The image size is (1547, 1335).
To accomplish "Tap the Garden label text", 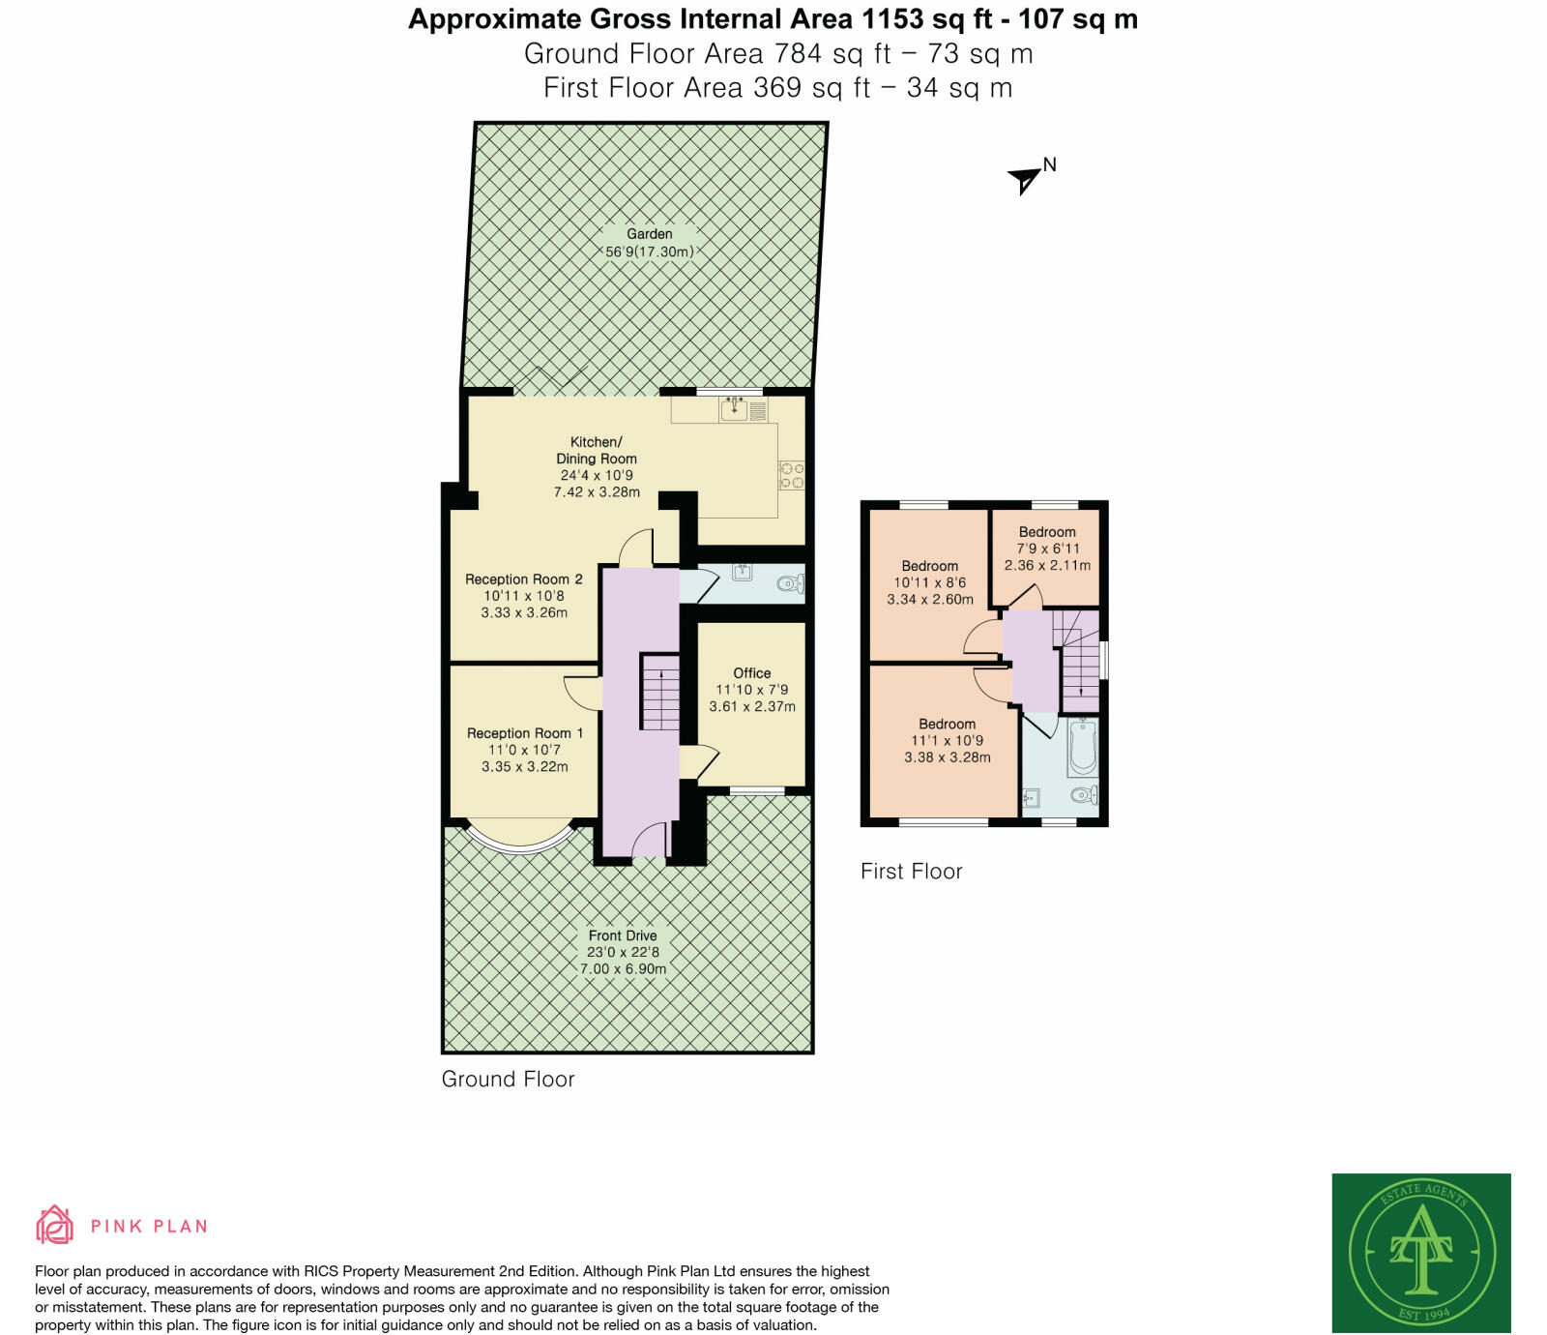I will [x=649, y=234].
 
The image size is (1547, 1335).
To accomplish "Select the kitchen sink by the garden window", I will [x=734, y=409].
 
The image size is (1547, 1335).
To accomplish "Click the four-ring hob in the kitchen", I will [x=791, y=475].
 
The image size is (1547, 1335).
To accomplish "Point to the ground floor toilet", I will [x=790, y=583].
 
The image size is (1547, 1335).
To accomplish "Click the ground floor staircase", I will [x=660, y=693].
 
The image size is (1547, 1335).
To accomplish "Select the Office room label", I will [x=751, y=673].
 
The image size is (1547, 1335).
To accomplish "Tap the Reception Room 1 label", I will [x=524, y=733].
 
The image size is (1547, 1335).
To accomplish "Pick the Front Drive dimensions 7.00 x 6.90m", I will [x=623, y=968].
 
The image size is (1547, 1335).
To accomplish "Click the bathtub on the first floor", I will [x=1083, y=747].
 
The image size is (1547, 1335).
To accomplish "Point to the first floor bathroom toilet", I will [x=1084, y=795].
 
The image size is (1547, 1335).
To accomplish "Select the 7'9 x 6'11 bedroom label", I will [x=1047, y=549].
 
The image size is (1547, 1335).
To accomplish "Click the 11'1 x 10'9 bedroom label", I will [x=947, y=741].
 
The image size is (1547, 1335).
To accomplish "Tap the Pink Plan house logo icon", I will [x=54, y=1225].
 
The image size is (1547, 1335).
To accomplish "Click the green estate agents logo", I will [x=1420, y=1253].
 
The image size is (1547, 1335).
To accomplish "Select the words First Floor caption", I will [x=911, y=871].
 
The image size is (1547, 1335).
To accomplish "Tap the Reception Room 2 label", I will [x=523, y=579].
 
